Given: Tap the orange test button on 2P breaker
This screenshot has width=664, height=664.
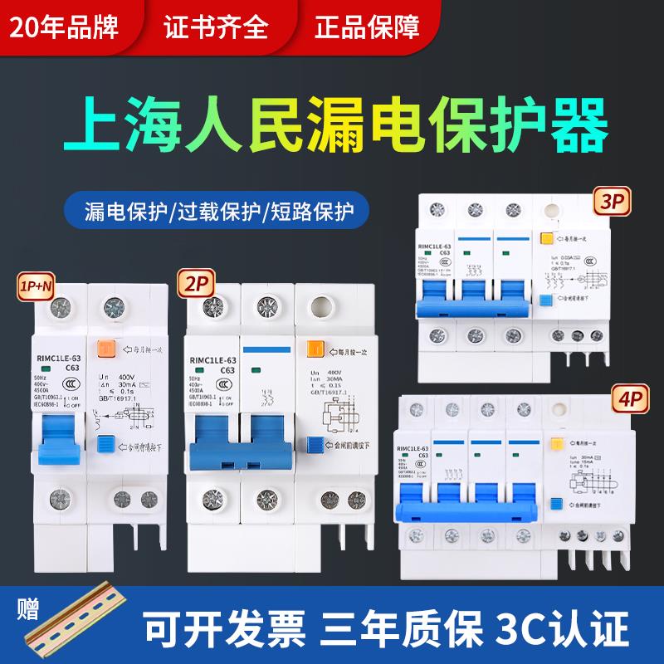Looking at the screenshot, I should [x=315, y=349].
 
